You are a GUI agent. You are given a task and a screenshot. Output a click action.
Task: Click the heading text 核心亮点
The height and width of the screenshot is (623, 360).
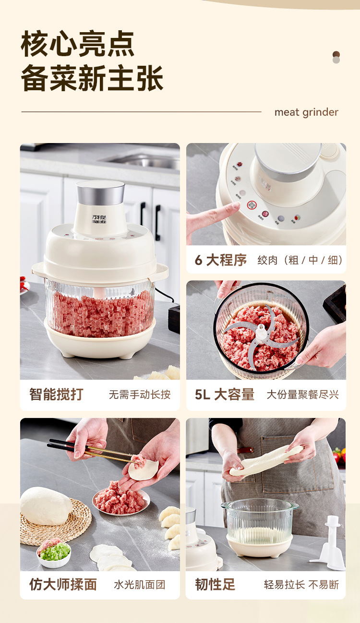point(77,44)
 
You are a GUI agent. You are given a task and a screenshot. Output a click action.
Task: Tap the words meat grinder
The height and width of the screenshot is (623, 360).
point(306,112)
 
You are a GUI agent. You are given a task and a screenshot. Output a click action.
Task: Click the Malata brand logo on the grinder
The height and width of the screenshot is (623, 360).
point(101,219)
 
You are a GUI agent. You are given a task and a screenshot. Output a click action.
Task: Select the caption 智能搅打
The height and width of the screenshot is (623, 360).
point(56,395)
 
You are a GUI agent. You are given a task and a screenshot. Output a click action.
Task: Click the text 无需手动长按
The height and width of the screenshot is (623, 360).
point(139,395)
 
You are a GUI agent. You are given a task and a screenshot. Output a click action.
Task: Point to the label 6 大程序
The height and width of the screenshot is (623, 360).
point(221,260)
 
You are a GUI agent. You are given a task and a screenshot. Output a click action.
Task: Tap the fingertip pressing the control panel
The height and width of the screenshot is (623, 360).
point(235,207)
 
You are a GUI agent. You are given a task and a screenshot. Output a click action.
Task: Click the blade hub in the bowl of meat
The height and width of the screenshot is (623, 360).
point(261,331)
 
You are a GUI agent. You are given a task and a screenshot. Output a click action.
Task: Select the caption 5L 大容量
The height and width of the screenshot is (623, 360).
point(225,395)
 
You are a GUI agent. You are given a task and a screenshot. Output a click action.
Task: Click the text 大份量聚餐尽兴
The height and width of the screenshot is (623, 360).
point(302,395)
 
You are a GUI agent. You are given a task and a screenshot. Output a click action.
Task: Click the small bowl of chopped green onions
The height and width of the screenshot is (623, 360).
point(54,552)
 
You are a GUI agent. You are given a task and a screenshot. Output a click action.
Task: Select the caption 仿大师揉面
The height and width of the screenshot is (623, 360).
point(63,584)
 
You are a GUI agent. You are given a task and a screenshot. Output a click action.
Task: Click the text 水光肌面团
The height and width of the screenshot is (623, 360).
point(139,585)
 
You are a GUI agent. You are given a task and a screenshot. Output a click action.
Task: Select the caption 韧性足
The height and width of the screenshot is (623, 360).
point(215,584)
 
